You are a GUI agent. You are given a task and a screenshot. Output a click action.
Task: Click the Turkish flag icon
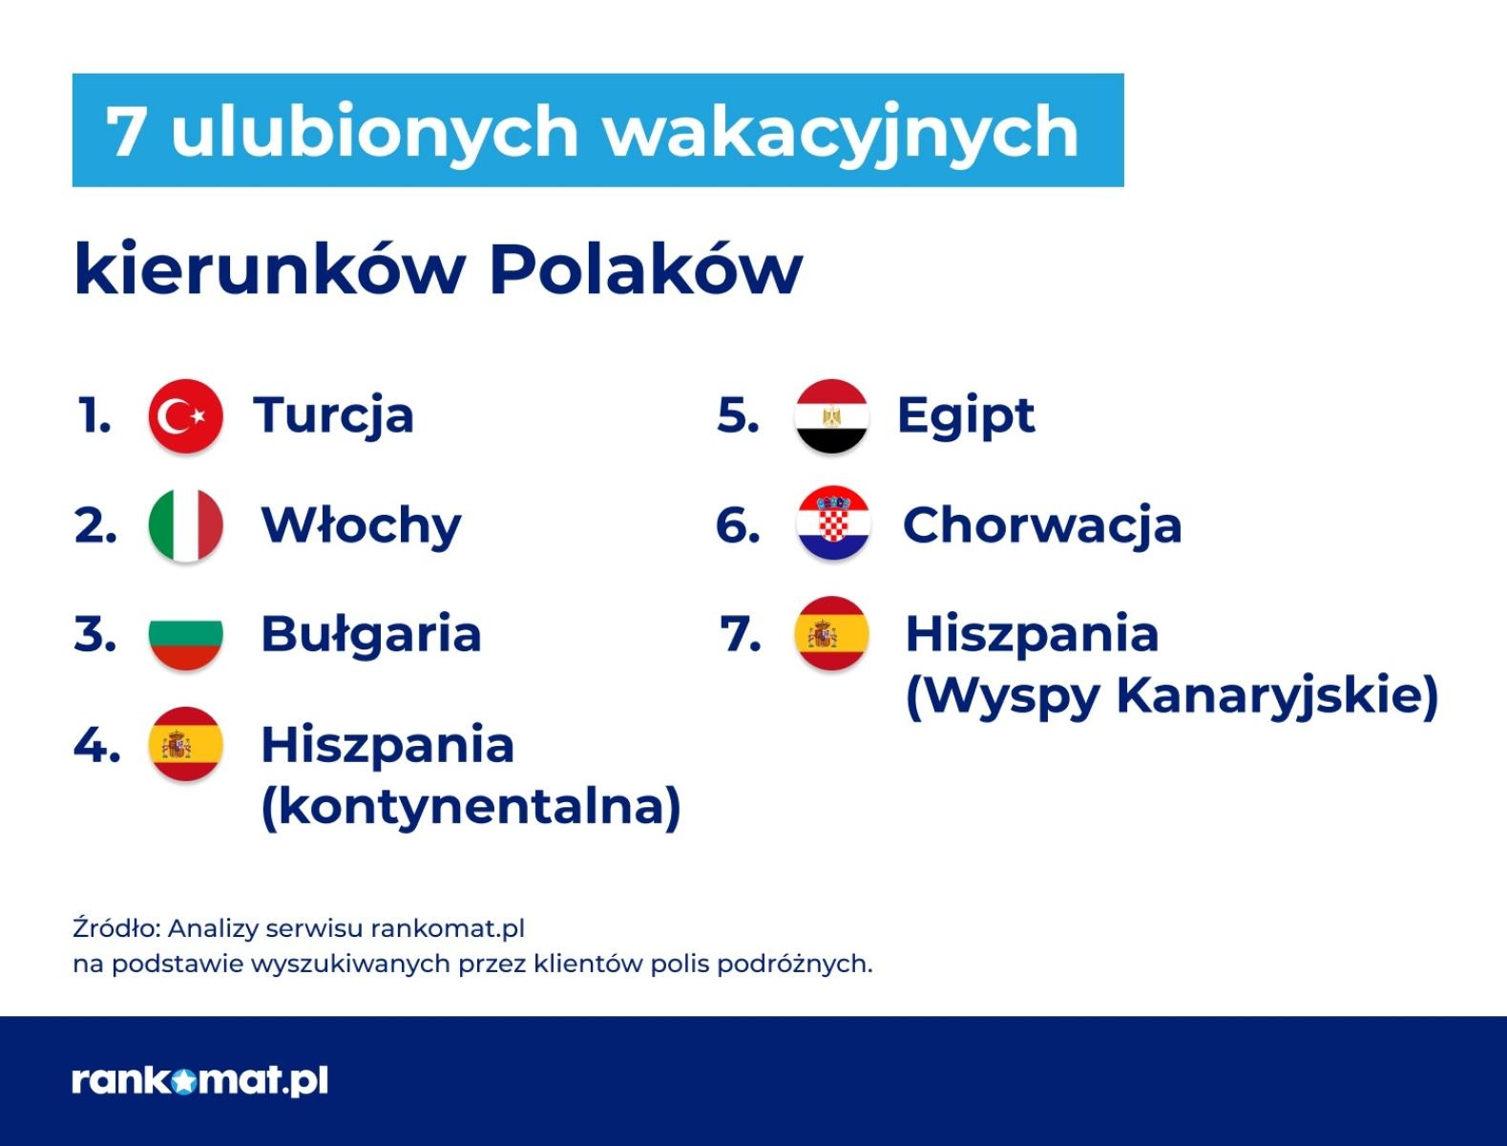(185, 416)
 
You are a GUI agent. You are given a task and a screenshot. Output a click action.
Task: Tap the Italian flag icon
(185, 525)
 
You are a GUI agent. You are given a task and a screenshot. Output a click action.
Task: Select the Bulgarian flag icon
(185, 634)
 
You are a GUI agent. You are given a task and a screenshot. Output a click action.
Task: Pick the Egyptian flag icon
(831, 416)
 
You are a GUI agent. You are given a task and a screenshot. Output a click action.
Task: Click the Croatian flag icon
(833, 523)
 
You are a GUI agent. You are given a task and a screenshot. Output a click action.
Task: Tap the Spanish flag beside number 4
(185, 744)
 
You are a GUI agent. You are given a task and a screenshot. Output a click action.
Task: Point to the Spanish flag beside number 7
(831, 633)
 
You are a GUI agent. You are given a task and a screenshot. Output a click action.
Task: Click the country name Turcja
(333, 416)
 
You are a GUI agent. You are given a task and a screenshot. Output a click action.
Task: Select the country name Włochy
(361, 525)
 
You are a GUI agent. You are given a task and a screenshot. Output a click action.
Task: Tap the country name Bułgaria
(370, 634)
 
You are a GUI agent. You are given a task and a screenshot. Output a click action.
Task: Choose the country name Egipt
(965, 416)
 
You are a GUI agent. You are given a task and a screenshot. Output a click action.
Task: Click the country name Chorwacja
(1041, 525)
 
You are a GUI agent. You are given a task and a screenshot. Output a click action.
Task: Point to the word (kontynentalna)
(471, 805)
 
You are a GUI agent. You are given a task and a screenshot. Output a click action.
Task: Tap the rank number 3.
(94, 634)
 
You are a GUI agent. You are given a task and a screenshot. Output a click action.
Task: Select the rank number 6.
(738, 525)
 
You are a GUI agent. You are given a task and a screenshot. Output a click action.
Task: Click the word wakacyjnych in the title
(841, 131)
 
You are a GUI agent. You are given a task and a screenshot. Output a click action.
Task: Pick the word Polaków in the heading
(645, 270)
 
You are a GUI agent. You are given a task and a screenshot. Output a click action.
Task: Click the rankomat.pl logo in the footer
(199, 1080)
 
